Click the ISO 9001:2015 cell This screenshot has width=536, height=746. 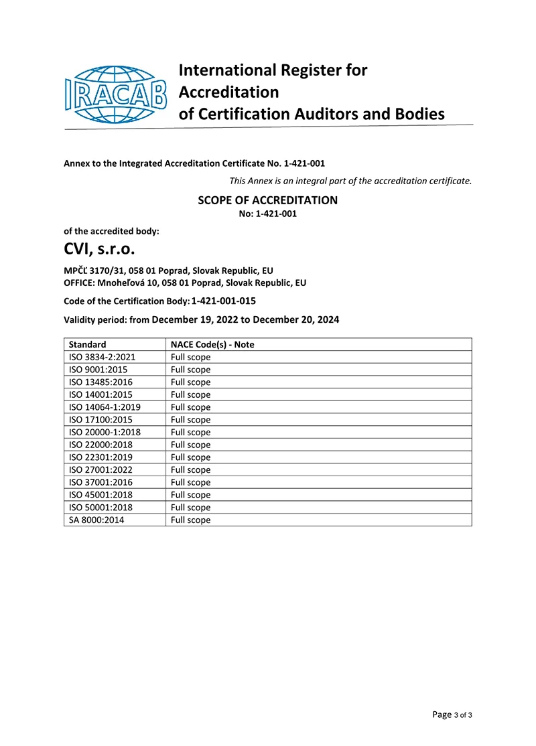coord(98,370)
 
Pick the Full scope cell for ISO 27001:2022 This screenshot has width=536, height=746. coord(190,469)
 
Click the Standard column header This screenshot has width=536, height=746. coord(87,344)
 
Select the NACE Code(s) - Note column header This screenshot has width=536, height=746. coord(212,344)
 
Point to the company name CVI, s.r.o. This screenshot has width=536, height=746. coord(99,251)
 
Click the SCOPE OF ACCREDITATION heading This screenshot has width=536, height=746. coord(267,200)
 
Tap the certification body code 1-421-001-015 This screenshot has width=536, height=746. coord(223,301)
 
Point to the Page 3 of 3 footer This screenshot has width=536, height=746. coord(452,715)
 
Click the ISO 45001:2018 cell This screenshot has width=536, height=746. coord(100,495)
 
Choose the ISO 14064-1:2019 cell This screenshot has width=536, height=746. coord(105,407)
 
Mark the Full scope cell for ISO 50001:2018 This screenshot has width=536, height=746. coord(190,507)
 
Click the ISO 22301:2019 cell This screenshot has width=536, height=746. coord(100,457)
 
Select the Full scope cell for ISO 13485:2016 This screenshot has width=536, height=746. coord(190,382)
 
